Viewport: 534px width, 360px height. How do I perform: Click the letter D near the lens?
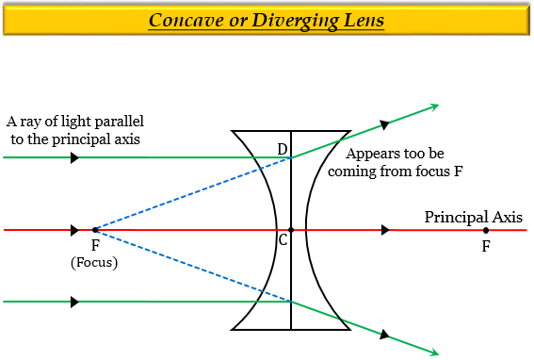(282, 149)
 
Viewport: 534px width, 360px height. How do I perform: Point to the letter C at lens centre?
(283, 240)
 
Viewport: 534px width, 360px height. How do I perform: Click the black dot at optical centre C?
(291, 229)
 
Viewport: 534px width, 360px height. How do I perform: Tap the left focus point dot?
(95, 229)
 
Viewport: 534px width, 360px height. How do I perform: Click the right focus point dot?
(486, 229)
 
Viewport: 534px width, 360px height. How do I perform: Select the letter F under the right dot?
(486, 246)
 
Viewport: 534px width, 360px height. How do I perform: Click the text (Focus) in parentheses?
(94, 262)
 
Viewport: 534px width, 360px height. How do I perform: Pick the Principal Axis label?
(473, 217)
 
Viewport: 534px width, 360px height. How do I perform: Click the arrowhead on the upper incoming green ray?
(74, 157)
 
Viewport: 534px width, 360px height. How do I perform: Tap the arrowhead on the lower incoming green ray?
(74, 302)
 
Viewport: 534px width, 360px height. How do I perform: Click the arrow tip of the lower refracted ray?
(434, 352)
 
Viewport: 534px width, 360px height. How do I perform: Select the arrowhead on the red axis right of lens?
(384, 229)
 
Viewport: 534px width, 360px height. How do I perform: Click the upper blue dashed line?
(188, 194)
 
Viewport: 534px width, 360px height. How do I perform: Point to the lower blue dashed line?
(188, 265)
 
